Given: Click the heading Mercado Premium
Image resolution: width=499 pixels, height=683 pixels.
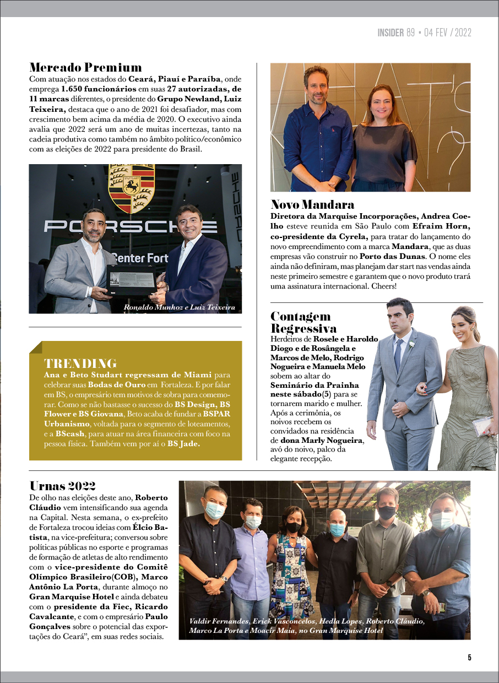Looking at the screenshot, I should tap(85, 68).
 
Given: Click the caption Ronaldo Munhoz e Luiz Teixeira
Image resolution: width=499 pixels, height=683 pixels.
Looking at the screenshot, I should tap(179, 307).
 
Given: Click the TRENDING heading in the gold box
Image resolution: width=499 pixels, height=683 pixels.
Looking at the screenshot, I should tap(80, 364).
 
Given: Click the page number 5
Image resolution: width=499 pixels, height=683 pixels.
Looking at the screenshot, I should tap(469, 657).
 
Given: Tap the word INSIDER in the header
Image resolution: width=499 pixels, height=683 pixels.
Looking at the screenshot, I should tap(390, 33).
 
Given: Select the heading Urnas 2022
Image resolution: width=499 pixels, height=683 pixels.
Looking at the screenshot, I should tap(62, 486).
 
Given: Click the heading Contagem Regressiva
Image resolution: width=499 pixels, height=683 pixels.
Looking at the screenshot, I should tap(303, 322).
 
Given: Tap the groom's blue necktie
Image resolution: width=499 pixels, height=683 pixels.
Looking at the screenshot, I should tap(397, 355).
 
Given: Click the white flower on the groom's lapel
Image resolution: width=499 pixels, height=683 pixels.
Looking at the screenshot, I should tap(411, 345).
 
